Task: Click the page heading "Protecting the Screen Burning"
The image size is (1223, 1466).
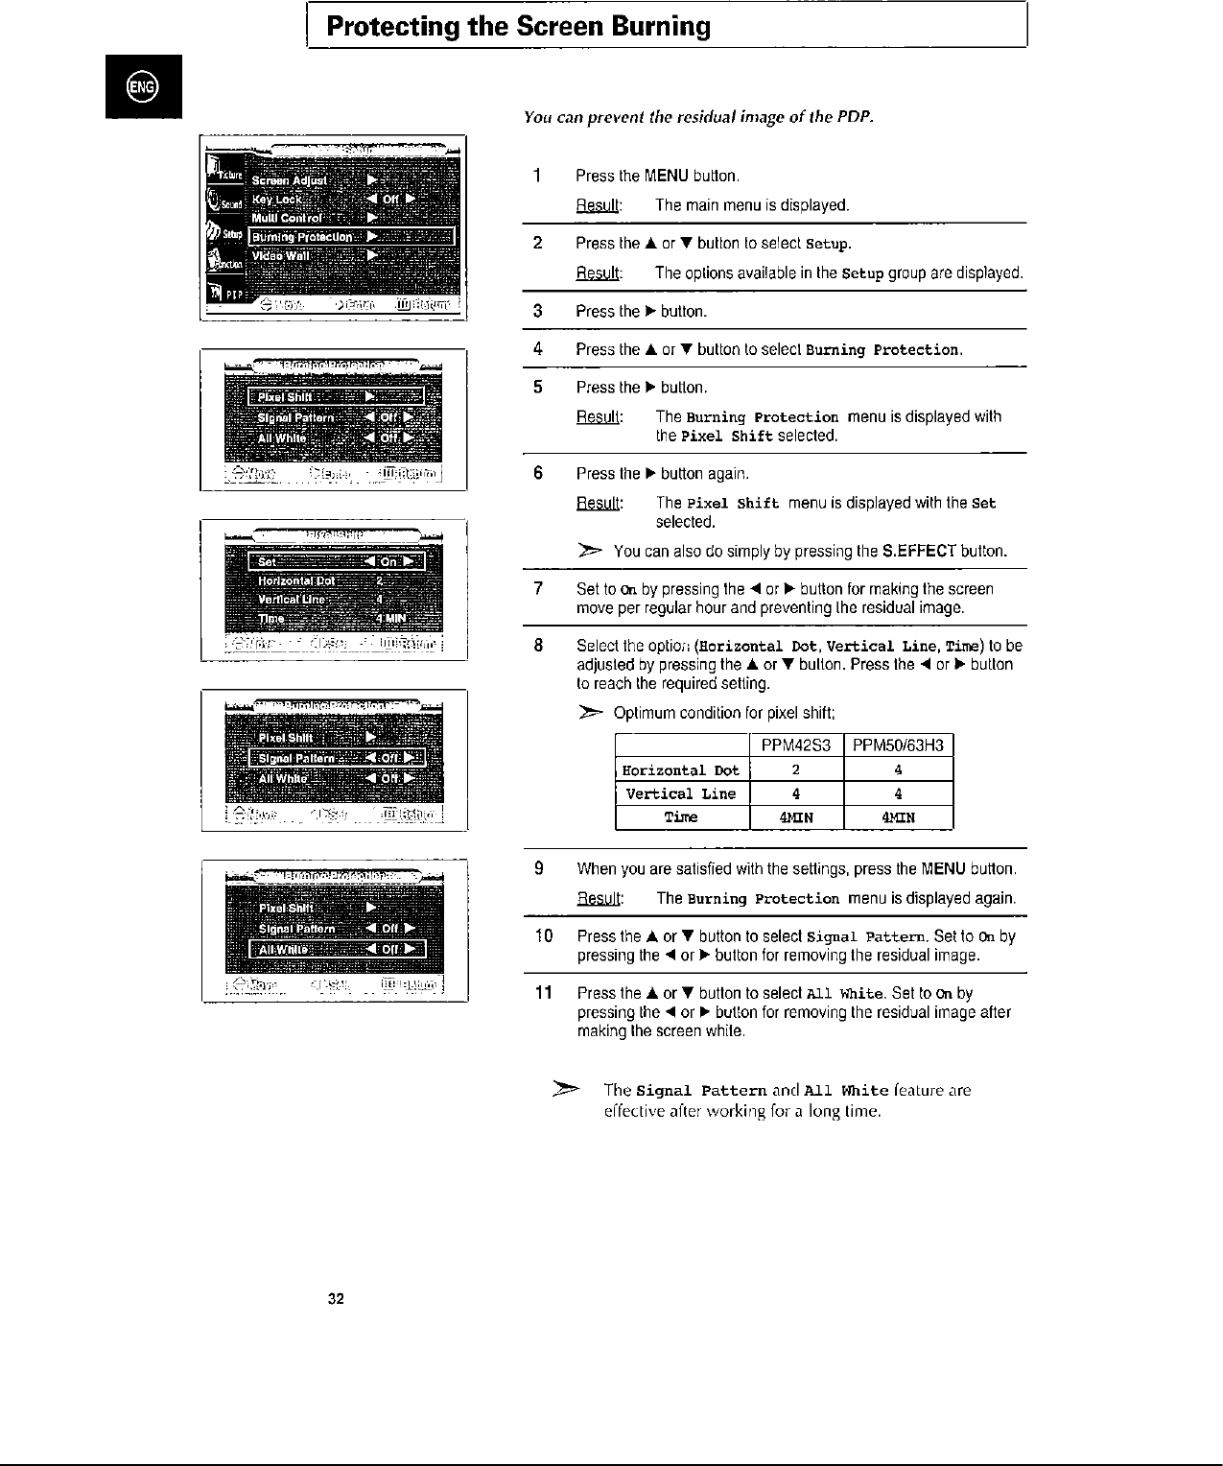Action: coord(519,27)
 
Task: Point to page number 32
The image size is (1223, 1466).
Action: coord(336,1299)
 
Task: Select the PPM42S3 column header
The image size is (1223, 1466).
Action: coord(795,745)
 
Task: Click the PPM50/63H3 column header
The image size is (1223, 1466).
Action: coord(898,745)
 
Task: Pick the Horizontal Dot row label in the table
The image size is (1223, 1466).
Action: coord(681,770)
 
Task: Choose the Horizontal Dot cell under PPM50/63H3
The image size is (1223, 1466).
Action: coord(898,769)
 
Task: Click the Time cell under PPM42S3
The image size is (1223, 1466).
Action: coord(795,817)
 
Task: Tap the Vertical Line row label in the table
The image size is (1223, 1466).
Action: coord(681,793)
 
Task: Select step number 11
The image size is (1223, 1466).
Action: coord(541,993)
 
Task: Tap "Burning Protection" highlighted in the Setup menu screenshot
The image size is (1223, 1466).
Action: coord(302,237)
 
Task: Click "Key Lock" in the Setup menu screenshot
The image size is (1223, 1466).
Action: coord(276,200)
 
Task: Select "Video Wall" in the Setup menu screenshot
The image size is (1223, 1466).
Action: coord(280,256)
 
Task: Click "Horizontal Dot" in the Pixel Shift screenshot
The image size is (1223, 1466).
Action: coord(296,580)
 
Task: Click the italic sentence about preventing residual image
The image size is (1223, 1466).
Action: coord(698,117)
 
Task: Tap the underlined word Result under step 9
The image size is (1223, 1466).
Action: coord(599,899)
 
